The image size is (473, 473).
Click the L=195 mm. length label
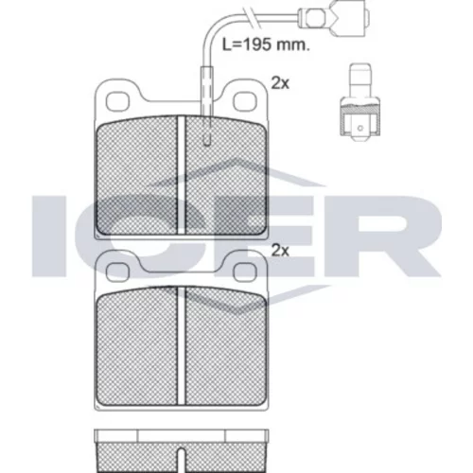[266, 44]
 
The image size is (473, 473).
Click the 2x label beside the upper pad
[280, 83]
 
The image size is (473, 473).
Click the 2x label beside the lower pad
[280, 251]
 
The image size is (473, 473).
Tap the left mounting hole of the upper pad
[118, 101]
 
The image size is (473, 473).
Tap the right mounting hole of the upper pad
[245, 101]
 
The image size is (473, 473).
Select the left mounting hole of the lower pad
[117, 272]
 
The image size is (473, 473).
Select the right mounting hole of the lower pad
[245, 272]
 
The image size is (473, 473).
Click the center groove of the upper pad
[181, 175]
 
